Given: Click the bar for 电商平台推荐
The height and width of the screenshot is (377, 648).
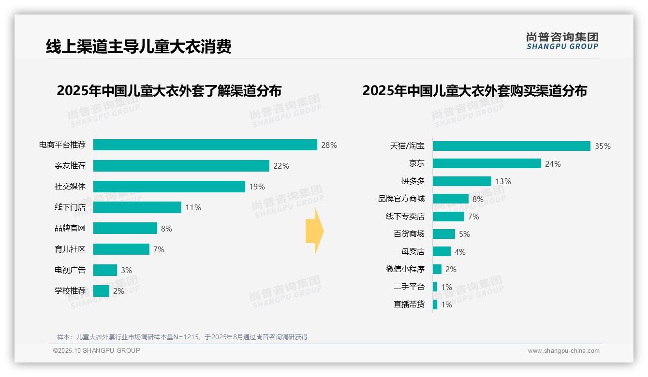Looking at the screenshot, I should pyautogui.click(x=205, y=145).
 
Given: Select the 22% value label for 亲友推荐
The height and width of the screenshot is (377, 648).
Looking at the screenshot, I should pyautogui.click(x=281, y=166).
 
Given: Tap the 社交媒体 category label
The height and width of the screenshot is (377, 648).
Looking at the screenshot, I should pyautogui.click(x=70, y=187).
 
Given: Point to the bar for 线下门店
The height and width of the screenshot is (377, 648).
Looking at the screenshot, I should pyautogui.click(x=137, y=207).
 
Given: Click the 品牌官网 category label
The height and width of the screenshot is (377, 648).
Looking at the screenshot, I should pyautogui.click(x=70, y=228).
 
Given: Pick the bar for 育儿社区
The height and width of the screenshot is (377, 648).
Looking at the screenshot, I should pyautogui.click(x=121, y=249).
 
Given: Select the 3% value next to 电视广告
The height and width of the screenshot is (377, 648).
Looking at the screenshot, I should pyautogui.click(x=126, y=270).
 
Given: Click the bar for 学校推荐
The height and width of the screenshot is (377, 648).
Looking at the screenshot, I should pyautogui.click(x=101, y=291).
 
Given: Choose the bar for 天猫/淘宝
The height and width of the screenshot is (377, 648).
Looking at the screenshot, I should pyautogui.click(x=511, y=146).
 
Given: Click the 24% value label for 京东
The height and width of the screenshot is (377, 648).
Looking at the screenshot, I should pyautogui.click(x=553, y=164).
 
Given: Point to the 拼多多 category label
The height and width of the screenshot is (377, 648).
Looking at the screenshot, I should pyautogui.click(x=412, y=181).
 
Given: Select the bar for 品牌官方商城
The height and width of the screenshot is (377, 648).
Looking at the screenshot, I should pyautogui.click(x=450, y=199).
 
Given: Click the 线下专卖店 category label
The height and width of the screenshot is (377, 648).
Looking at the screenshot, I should pyautogui.click(x=405, y=217).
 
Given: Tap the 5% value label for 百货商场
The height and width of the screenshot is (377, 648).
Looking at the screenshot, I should pyautogui.click(x=464, y=234).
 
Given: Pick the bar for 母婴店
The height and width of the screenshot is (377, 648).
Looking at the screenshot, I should pyautogui.click(x=442, y=252).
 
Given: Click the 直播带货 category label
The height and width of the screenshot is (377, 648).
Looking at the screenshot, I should pyautogui.click(x=409, y=304).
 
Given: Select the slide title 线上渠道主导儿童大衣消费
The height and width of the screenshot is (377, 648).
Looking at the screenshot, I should pyautogui.click(x=139, y=46).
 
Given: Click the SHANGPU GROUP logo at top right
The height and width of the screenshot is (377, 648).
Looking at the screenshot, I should pyautogui.click(x=562, y=41).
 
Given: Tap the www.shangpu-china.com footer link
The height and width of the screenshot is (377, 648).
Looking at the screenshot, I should pyautogui.click(x=563, y=351).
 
